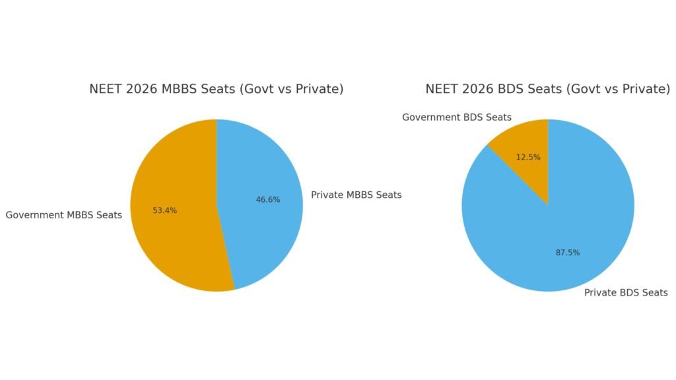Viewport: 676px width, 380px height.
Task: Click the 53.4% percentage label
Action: pos(164,210)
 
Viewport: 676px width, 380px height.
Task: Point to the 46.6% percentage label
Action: pos(268,200)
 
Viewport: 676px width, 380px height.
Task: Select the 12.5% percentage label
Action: pos(528,157)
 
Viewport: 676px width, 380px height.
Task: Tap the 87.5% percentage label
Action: pos(568,253)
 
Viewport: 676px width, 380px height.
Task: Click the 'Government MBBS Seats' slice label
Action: pos(63,215)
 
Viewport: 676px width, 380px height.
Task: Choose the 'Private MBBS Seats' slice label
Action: pos(356,195)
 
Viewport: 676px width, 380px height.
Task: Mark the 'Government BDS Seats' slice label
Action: pos(457,117)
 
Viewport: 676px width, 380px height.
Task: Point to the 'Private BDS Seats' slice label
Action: pos(626,292)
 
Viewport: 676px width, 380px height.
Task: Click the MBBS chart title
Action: pos(217,89)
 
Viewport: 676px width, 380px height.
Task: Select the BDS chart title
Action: pos(547,89)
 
